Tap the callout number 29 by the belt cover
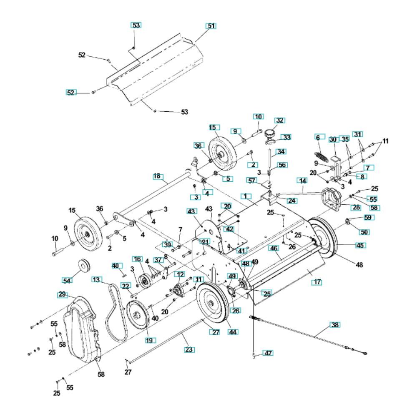[x=62, y=294]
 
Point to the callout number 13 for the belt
[x=97, y=279]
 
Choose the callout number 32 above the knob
[x=279, y=120]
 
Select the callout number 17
[x=317, y=282]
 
